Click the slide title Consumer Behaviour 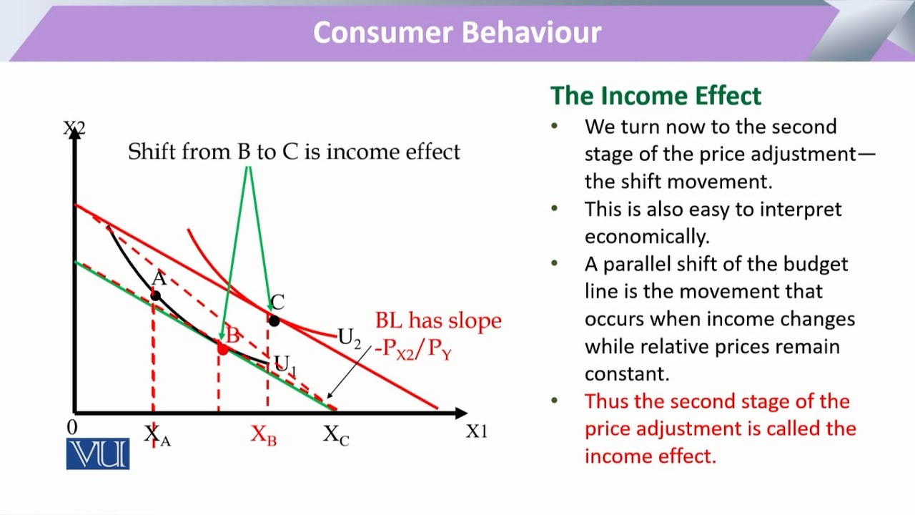click(457, 33)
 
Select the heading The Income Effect click(656, 96)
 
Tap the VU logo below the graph click(98, 454)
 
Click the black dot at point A click(155, 295)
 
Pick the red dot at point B click(222, 349)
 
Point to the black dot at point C click(274, 321)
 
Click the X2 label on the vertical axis click(74, 129)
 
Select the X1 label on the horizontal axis click(476, 431)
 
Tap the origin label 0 click(71, 428)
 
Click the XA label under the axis click(157, 434)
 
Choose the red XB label click(263, 435)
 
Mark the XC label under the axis click(336, 434)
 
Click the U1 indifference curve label click(285, 365)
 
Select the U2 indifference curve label click(349, 338)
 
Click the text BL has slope click(438, 321)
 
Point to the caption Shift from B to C click(294, 152)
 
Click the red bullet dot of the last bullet click(555, 401)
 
